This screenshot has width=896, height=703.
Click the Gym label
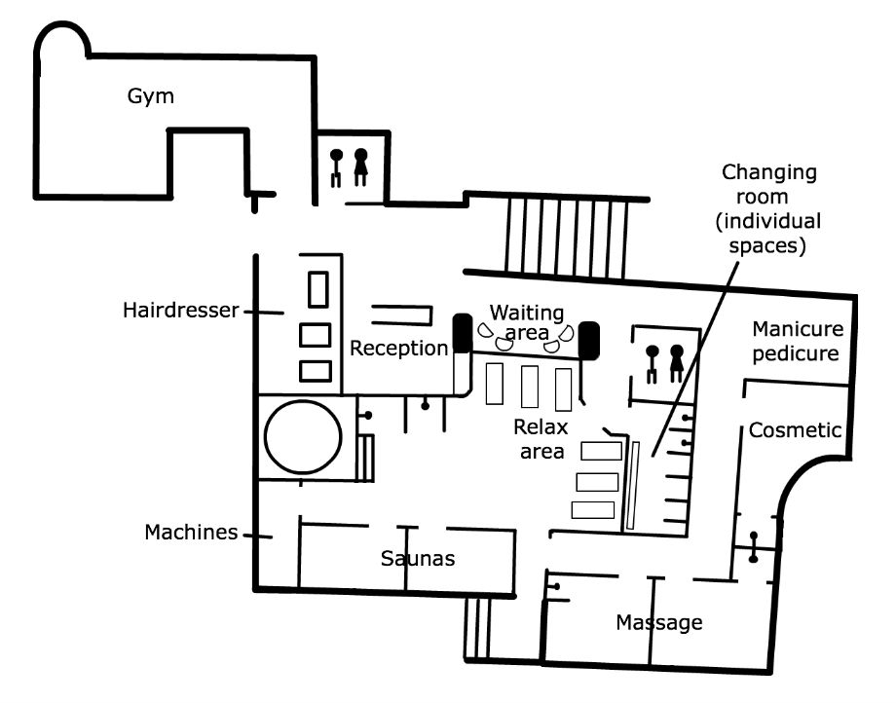[x=150, y=96]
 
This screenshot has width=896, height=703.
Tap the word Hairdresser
[x=180, y=310]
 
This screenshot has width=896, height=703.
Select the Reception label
[x=399, y=348]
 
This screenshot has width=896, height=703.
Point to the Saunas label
[x=418, y=558]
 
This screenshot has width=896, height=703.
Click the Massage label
[x=659, y=622]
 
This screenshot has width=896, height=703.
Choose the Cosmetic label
[x=795, y=430]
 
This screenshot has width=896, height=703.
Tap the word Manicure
[x=798, y=329]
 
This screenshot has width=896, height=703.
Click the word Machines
[x=191, y=533]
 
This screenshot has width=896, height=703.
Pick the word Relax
[x=541, y=426]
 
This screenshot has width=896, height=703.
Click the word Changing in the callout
[x=769, y=172]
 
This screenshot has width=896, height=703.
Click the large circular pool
[x=303, y=437]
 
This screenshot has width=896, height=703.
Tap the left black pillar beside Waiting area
[x=463, y=333]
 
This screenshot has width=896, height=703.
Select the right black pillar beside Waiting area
[x=588, y=341]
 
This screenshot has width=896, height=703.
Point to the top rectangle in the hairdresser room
[x=318, y=289]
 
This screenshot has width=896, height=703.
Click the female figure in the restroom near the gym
[x=360, y=166]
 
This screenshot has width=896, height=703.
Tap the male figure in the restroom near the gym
[x=337, y=167]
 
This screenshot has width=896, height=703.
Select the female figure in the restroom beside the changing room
[x=677, y=363]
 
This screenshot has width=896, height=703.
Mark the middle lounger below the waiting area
[x=530, y=387]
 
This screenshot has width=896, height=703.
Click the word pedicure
[x=796, y=354]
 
